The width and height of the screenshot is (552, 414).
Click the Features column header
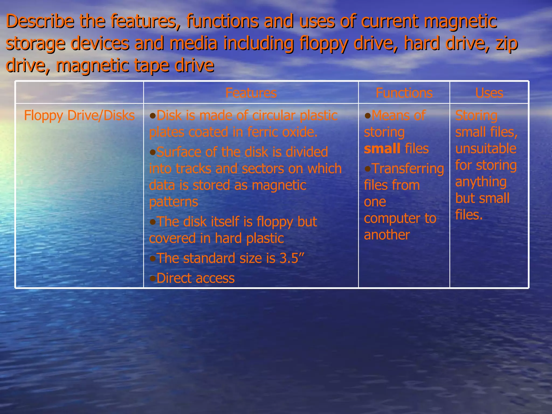(251, 93)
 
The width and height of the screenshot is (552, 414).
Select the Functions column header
(404, 93)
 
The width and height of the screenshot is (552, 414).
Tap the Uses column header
(489, 93)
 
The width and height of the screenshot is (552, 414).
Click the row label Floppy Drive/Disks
(79, 116)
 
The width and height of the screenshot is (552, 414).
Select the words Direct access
(195, 278)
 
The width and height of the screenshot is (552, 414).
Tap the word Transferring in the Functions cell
(408, 169)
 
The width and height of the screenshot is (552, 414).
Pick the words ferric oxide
(282, 132)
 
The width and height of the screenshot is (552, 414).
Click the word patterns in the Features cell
(173, 202)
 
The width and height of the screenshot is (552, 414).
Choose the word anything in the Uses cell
(481, 182)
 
